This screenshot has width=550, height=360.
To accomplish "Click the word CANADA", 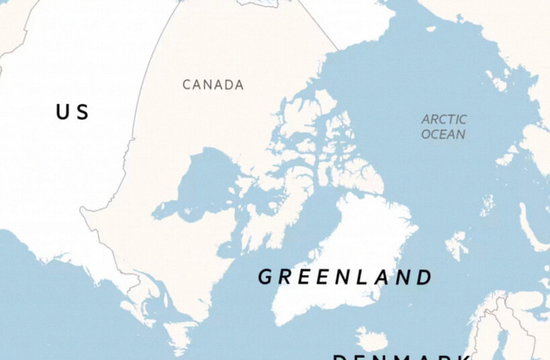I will point(213,85).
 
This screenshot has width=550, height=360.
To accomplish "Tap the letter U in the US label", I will point(62,112).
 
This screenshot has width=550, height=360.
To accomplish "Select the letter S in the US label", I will point(82,112).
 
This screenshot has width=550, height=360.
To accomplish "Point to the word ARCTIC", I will point(444,120).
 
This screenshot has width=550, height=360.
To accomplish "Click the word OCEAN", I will point(443,134).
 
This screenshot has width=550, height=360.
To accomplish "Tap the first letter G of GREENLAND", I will point(265,277).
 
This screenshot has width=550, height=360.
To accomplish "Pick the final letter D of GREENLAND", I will point(423,277).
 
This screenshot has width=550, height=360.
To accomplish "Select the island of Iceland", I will point(371,339).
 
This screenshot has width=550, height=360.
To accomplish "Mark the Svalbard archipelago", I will point(457,245).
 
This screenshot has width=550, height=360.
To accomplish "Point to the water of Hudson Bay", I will point(201,181).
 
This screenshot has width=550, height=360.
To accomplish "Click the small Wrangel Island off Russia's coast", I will point(430,28).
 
